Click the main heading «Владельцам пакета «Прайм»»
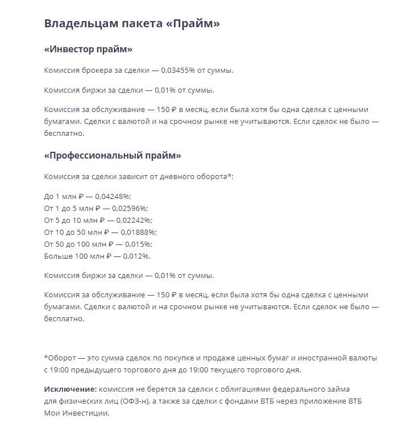pyautogui.click(x=131, y=24)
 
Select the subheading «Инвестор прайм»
pyautogui.click(x=88, y=49)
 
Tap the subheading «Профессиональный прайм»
pyautogui.click(x=112, y=155)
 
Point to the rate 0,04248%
pyautogui.click(x=113, y=196)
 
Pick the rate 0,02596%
pyautogui.click(x=129, y=209)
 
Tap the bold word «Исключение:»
pyautogui.click(x=70, y=389)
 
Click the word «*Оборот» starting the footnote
pyautogui.click(x=60, y=358)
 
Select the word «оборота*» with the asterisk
pyautogui.click(x=216, y=176)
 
